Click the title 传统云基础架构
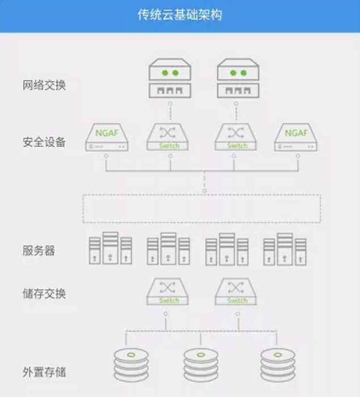[x=180, y=15]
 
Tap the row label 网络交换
[x=45, y=86]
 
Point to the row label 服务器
[x=39, y=251]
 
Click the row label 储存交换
[x=45, y=294]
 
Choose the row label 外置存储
[x=45, y=373]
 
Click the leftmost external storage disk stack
[x=130, y=365]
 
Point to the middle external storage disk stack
[x=201, y=365]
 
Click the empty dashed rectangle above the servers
[x=201, y=209]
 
